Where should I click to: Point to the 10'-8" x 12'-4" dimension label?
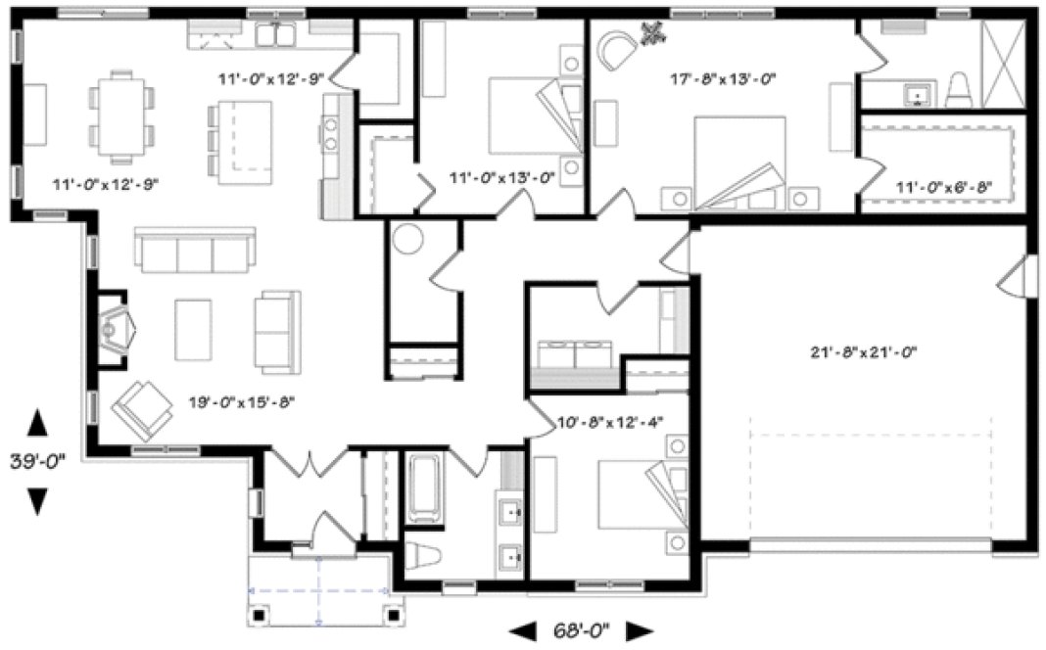(610, 422)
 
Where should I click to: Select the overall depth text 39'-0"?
(37, 461)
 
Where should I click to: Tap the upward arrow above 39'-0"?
(37, 424)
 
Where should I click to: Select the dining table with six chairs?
(121, 116)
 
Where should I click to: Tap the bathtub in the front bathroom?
(424, 487)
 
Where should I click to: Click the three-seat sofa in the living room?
(195, 252)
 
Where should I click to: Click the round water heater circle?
(406, 239)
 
